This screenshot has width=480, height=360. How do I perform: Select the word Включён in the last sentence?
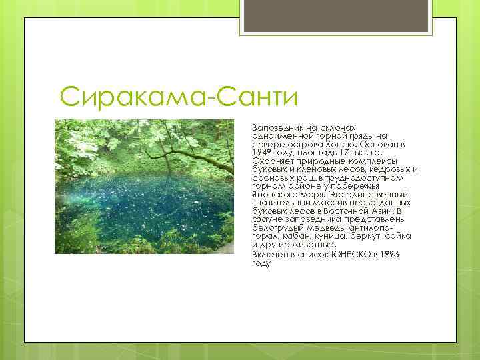271,255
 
